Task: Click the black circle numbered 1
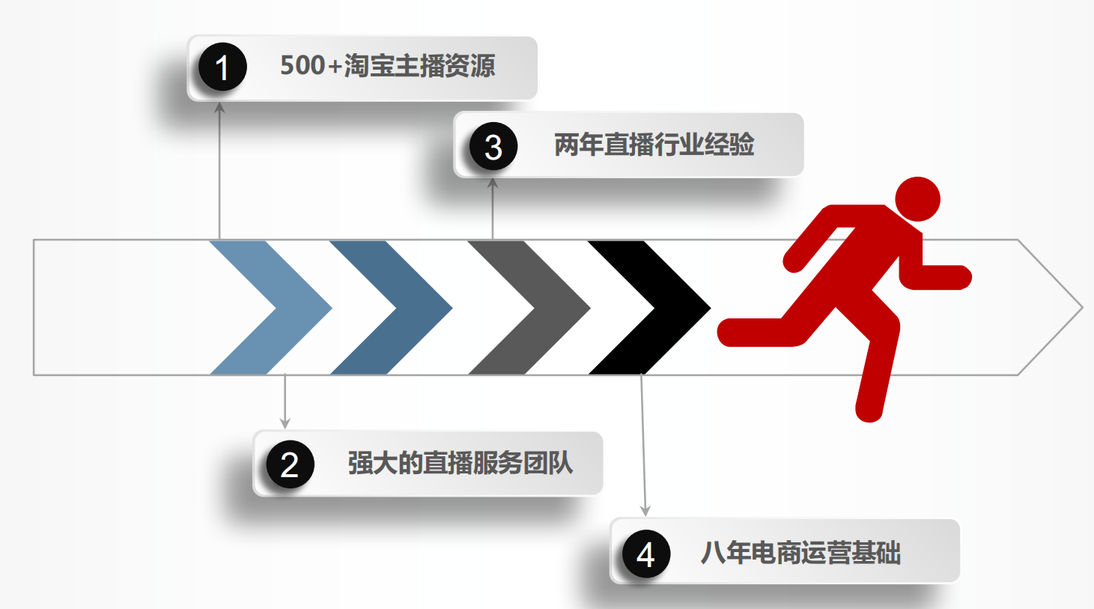[222, 67]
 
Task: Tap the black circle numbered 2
[290, 464]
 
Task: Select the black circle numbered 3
[493, 147]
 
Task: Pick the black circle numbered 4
[645, 554]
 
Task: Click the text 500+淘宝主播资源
[387, 66]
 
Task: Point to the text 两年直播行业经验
[654, 145]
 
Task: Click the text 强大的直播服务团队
[461, 463]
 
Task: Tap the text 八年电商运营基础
[800, 553]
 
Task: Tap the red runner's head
[917, 199]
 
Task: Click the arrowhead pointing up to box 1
[219, 108]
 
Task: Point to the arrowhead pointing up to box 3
[493, 183]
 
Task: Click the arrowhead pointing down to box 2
[285, 423]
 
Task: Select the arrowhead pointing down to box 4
[645, 511]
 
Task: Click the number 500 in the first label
[302, 66]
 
